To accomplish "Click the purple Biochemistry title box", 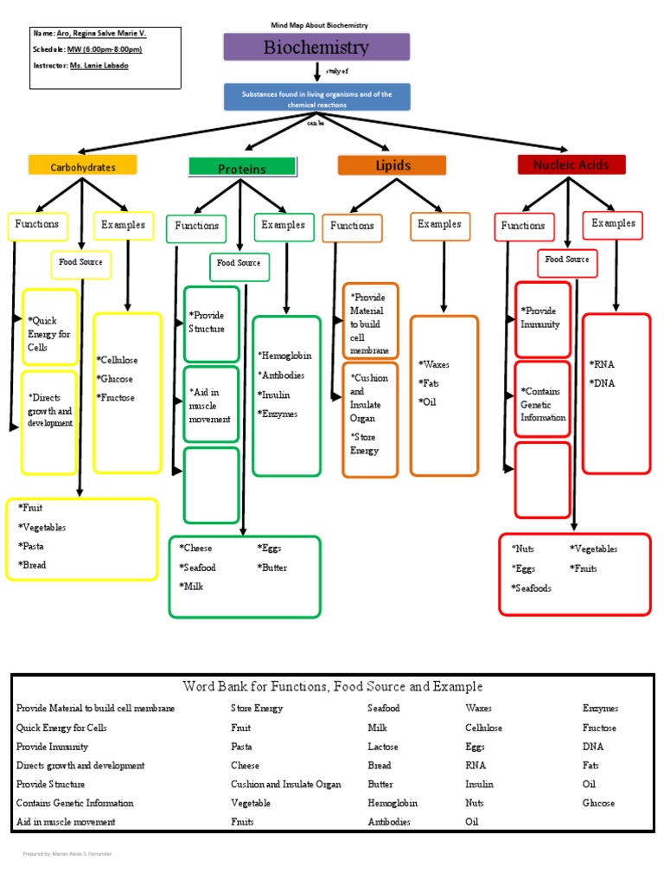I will coord(316,48).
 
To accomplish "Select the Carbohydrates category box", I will coord(83,166).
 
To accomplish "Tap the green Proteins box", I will coord(242,168).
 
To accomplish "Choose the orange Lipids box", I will coord(392,165).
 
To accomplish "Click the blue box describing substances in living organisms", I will coord(316,98).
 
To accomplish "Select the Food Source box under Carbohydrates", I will coord(81,262).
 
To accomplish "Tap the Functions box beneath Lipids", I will coord(353,227).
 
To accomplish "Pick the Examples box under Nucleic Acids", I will coord(614,224).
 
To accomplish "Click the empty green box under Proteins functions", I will coord(212,485).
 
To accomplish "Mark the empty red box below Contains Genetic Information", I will coord(542,479).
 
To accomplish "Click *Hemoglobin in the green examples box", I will coord(284,356).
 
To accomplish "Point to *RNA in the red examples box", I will coord(602,364).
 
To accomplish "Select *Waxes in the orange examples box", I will coord(433,364).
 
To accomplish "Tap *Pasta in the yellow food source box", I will coord(32,546).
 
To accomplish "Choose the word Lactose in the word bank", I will coord(383,746).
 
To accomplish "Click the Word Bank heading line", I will coord(333,687).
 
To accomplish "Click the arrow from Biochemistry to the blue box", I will coord(316,72).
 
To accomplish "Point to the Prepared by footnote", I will coord(67,854).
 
